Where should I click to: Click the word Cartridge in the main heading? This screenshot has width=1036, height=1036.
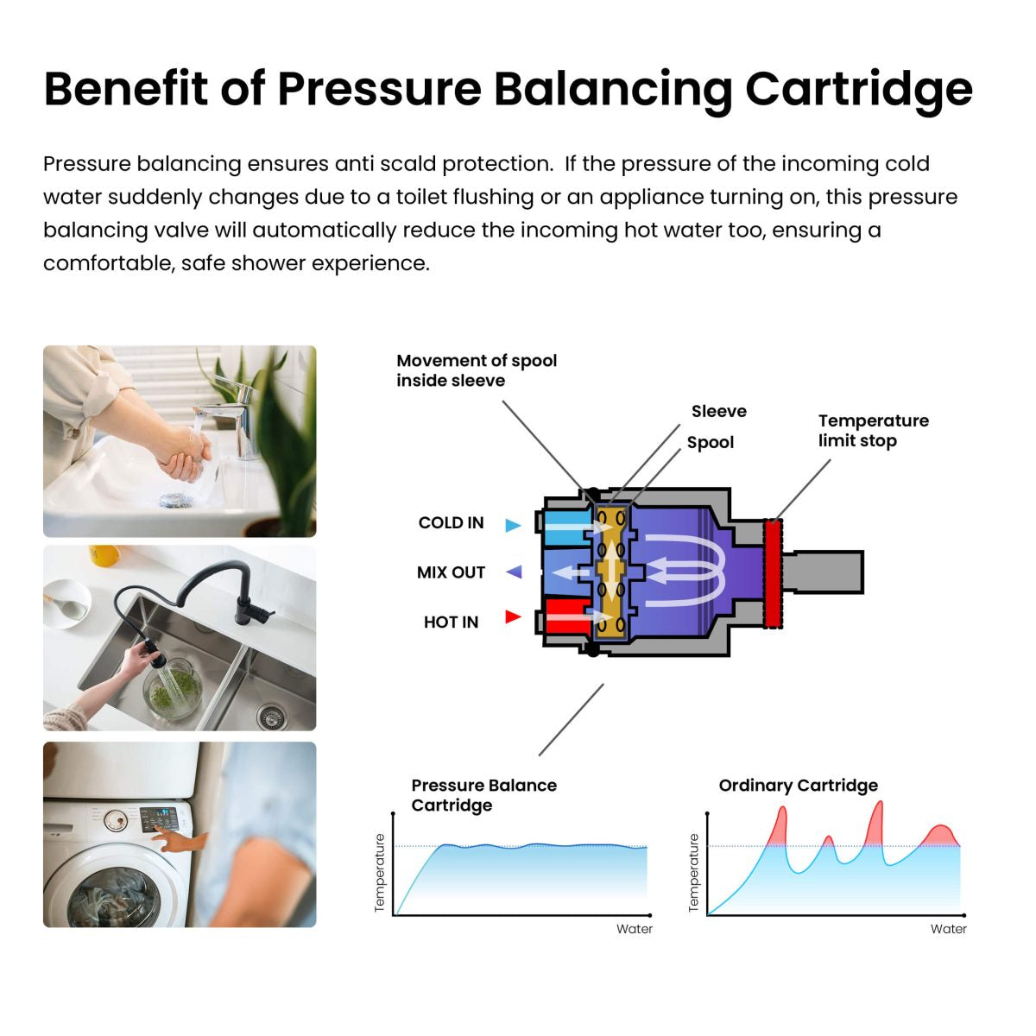pos(858,88)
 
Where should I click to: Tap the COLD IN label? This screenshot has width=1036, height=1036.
pos(451,523)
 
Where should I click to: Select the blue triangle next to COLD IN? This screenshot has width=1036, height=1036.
pos(513,525)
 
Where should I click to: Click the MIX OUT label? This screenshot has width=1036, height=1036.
pos(451,572)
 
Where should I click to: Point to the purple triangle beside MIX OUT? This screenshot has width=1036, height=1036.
pos(514,572)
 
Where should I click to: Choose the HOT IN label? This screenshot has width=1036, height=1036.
pos(451,622)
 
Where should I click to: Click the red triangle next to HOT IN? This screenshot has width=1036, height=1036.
pos(513,616)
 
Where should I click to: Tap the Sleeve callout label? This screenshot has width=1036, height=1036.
pos(718,412)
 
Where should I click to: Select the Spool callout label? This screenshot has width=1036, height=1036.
pos(710,443)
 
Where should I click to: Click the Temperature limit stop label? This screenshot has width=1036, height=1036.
pos(873,431)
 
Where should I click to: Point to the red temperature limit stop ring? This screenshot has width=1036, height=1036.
pos(774,572)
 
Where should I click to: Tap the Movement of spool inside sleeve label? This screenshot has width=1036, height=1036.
pos(477,370)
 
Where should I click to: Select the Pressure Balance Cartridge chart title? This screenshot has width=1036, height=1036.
pos(483,795)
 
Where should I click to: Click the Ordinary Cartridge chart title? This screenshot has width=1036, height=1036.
pos(798,786)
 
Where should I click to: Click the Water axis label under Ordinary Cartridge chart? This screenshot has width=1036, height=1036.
pos(948,930)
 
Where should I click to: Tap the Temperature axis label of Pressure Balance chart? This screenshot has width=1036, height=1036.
pos(379,873)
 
